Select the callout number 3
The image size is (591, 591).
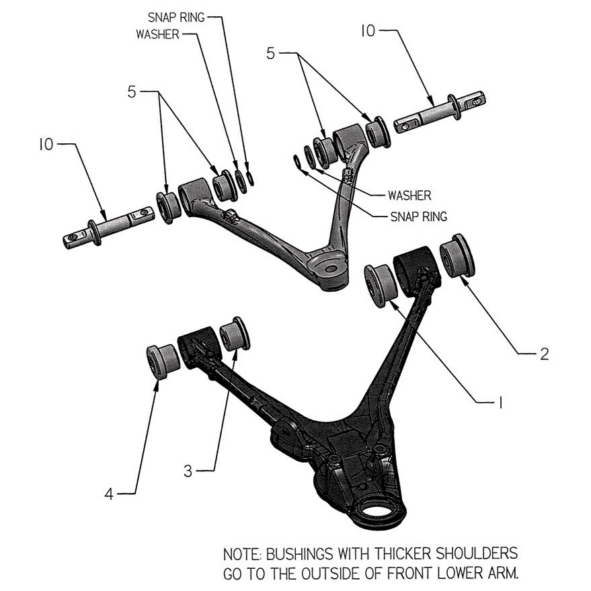188,470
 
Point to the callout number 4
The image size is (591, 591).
109,494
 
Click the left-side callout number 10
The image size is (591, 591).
46,145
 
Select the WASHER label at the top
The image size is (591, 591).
157,34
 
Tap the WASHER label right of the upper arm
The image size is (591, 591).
409,196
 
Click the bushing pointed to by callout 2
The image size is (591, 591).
457,255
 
